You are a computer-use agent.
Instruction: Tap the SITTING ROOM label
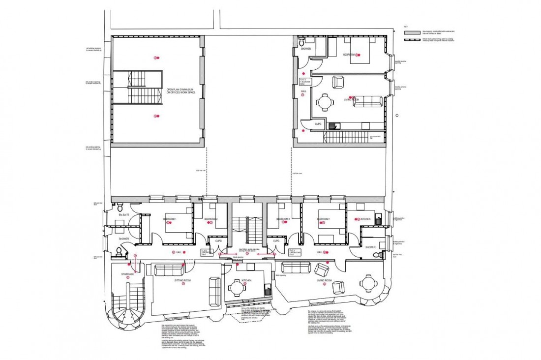pos(182,280)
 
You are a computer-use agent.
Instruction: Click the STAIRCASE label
pos(128,274)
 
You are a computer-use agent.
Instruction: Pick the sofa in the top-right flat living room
pos(367,101)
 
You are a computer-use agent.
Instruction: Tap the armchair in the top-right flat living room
pos(338,82)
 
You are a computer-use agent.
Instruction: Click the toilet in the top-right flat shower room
pos(302,43)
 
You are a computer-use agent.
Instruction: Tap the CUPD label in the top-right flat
pos(318,124)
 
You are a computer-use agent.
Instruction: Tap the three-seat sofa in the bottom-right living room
pos(294,267)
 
